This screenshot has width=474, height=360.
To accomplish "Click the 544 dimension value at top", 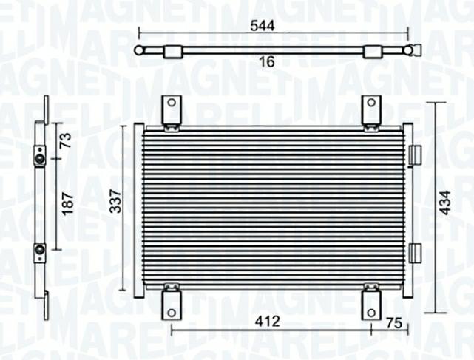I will point(263,25).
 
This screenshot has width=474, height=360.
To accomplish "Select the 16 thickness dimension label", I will point(267,63).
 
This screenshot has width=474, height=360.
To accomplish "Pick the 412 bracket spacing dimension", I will point(267,322).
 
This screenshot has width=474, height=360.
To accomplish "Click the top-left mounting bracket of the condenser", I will point(172,111).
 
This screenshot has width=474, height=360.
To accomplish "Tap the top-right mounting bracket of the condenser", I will point(370,111).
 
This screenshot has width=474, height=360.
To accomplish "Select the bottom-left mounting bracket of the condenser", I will point(172,301).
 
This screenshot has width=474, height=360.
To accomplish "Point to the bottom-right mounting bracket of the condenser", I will point(370,302).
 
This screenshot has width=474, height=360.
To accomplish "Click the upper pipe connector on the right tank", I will point(415,154).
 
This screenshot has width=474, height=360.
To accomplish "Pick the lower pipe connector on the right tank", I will point(415,251).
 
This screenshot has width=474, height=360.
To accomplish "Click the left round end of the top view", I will point(139,50).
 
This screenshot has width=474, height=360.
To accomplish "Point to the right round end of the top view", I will point(407,50).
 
